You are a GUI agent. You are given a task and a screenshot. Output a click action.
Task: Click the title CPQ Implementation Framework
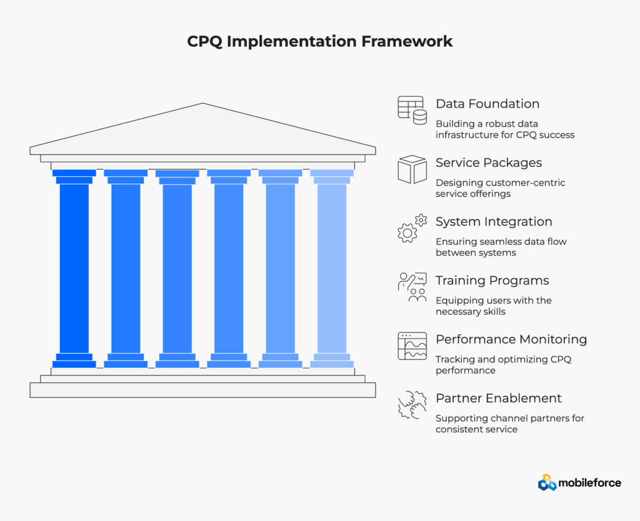click(x=320, y=42)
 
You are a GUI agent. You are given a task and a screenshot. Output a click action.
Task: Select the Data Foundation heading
click(x=487, y=104)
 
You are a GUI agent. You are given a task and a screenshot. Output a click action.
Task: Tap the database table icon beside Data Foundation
click(x=412, y=109)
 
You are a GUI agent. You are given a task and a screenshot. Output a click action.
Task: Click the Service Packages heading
click(x=489, y=162)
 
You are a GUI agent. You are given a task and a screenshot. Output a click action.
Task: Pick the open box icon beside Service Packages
click(x=412, y=169)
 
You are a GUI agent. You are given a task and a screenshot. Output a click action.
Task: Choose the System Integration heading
click(x=494, y=222)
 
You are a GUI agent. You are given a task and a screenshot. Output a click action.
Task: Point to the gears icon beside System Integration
click(x=412, y=228)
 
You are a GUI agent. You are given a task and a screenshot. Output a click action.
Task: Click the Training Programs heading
click(x=492, y=280)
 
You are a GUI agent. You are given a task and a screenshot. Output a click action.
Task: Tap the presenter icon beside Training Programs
click(x=412, y=287)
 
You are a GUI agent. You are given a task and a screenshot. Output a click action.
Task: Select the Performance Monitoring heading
click(x=511, y=339)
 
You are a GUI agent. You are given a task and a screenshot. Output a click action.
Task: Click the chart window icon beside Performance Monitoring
click(x=412, y=346)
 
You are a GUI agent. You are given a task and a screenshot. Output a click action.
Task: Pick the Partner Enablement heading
click(x=499, y=398)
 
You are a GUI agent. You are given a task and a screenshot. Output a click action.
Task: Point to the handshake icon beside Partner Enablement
click(x=412, y=405)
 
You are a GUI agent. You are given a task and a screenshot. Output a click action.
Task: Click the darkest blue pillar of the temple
click(x=74, y=269)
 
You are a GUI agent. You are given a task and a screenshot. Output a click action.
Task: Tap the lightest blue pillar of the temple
click(x=332, y=269)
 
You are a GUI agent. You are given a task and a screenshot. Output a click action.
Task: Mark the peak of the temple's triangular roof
click(x=203, y=105)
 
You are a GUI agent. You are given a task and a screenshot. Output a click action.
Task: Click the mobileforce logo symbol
click(x=547, y=482)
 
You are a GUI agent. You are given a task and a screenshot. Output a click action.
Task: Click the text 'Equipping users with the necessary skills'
click(x=493, y=305)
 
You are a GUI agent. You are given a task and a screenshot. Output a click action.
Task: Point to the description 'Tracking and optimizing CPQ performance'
click(x=503, y=365)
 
